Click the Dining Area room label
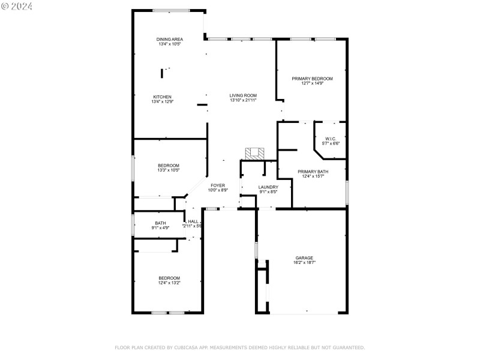click(x=170, y=39)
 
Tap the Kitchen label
click(x=162, y=97)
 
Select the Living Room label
click(x=243, y=95)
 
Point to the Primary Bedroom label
click(x=312, y=79)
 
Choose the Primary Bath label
click(x=312, y=171)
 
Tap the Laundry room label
click(x=268, y=187)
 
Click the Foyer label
click(x=218, y=185)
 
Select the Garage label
click(x=304, y=258)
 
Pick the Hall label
click(x=193, y=221)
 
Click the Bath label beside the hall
click(x=160, y=223)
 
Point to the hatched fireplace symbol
click(x=254, y=153)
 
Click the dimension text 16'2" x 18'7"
click(x=304, y=263)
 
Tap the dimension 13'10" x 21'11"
click(x=243, y=100)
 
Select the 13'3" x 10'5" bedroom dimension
click(x=169, y=170)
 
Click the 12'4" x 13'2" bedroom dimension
click(x=169, y=283)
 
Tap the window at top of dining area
click(x=171, y=10)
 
